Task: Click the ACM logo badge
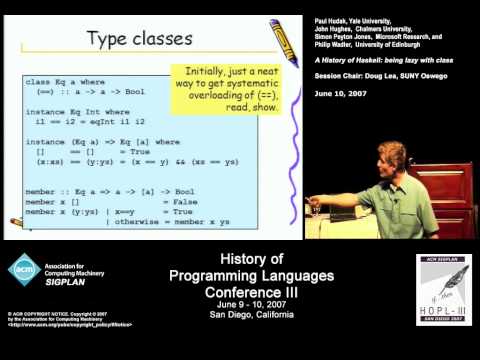click(x=25, y=268)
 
